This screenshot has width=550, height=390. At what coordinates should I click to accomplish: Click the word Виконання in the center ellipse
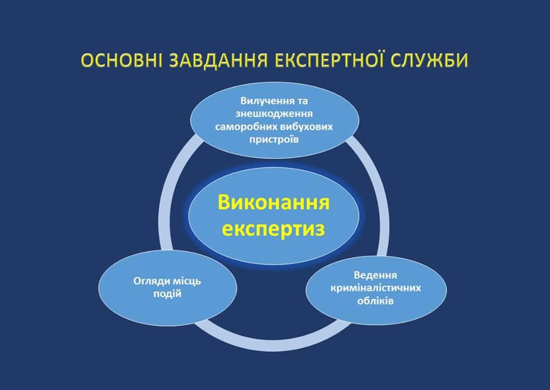tap(273, 202)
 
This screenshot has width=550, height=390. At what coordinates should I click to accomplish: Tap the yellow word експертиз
tap(273, 228)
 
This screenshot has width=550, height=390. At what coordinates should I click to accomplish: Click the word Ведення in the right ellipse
tap(375, 275)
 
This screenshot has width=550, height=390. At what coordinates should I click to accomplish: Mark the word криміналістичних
tap(375, 288)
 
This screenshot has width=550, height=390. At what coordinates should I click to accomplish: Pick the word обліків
tap(375, 301)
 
